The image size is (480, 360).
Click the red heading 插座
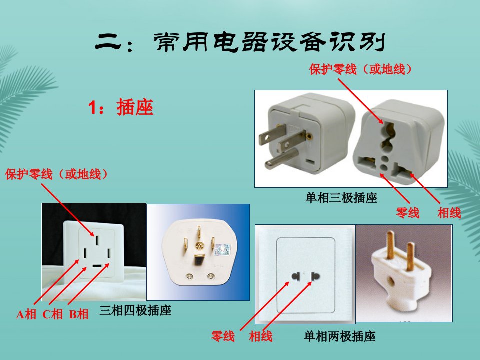click(135, 107)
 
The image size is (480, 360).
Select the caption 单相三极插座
click(341, 198)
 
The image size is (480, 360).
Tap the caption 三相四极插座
click(135, 310)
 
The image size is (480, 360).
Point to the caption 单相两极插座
click(340, 336)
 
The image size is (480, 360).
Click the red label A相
click(26, 314)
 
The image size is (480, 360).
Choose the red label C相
click(52, 314)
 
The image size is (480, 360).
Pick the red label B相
click(78, 314)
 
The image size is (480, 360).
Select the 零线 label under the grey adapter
click(407, 213)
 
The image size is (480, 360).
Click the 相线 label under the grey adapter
click(449, 213)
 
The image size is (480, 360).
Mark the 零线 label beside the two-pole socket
click(223, 336)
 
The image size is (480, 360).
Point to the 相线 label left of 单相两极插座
click(261, 336)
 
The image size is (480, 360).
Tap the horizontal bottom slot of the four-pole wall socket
click(97, 265)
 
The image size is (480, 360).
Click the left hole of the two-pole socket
click(295, 276)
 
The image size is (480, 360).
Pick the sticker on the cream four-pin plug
click(223, 250)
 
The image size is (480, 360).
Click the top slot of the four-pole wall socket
click(97, 240)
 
